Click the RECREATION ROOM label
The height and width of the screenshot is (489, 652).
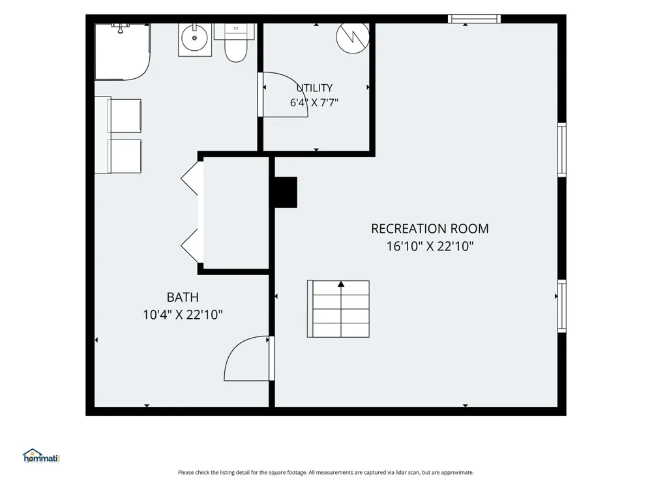click(x=430, y=229)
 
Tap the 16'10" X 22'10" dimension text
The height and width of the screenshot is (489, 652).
click(x=430, y=246)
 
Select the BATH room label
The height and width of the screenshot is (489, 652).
click(x=183, y=297)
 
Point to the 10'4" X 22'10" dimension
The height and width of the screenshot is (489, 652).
click(x=183, y=315)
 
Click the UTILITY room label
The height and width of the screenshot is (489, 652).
click(x=314, y=88)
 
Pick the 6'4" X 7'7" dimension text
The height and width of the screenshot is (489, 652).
click(x=314, y=102)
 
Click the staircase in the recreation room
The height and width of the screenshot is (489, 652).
click(x=338, y=308)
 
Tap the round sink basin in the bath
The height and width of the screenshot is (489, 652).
click(x=194, y=38)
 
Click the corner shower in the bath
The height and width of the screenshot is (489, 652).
click(x=123, y=52)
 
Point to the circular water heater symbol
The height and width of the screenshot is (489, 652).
click(x=353, y=37)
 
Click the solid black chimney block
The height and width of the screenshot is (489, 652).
click(x=286, y=192)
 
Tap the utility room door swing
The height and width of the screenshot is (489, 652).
click(x=284, y=95)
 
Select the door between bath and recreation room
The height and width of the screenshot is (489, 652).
click(x=248, y=359)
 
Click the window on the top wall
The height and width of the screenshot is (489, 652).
click(x=474, y=19)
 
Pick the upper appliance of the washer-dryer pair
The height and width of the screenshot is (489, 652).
click(x=125, y=115)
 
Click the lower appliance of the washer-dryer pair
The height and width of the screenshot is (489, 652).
click(x=125, y=156)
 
